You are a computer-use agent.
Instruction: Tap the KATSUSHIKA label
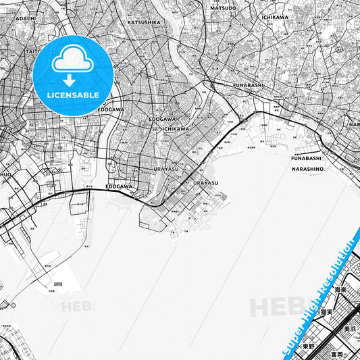(144, 22)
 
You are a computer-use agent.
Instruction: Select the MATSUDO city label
(223, 8)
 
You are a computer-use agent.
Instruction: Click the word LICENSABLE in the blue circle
(73, 95)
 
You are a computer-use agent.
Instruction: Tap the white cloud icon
(73, 59)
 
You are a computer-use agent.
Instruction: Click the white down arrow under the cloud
(70, 80)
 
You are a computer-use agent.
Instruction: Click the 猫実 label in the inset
(327, 312)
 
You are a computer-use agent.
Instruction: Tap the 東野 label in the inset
(308, 345)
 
